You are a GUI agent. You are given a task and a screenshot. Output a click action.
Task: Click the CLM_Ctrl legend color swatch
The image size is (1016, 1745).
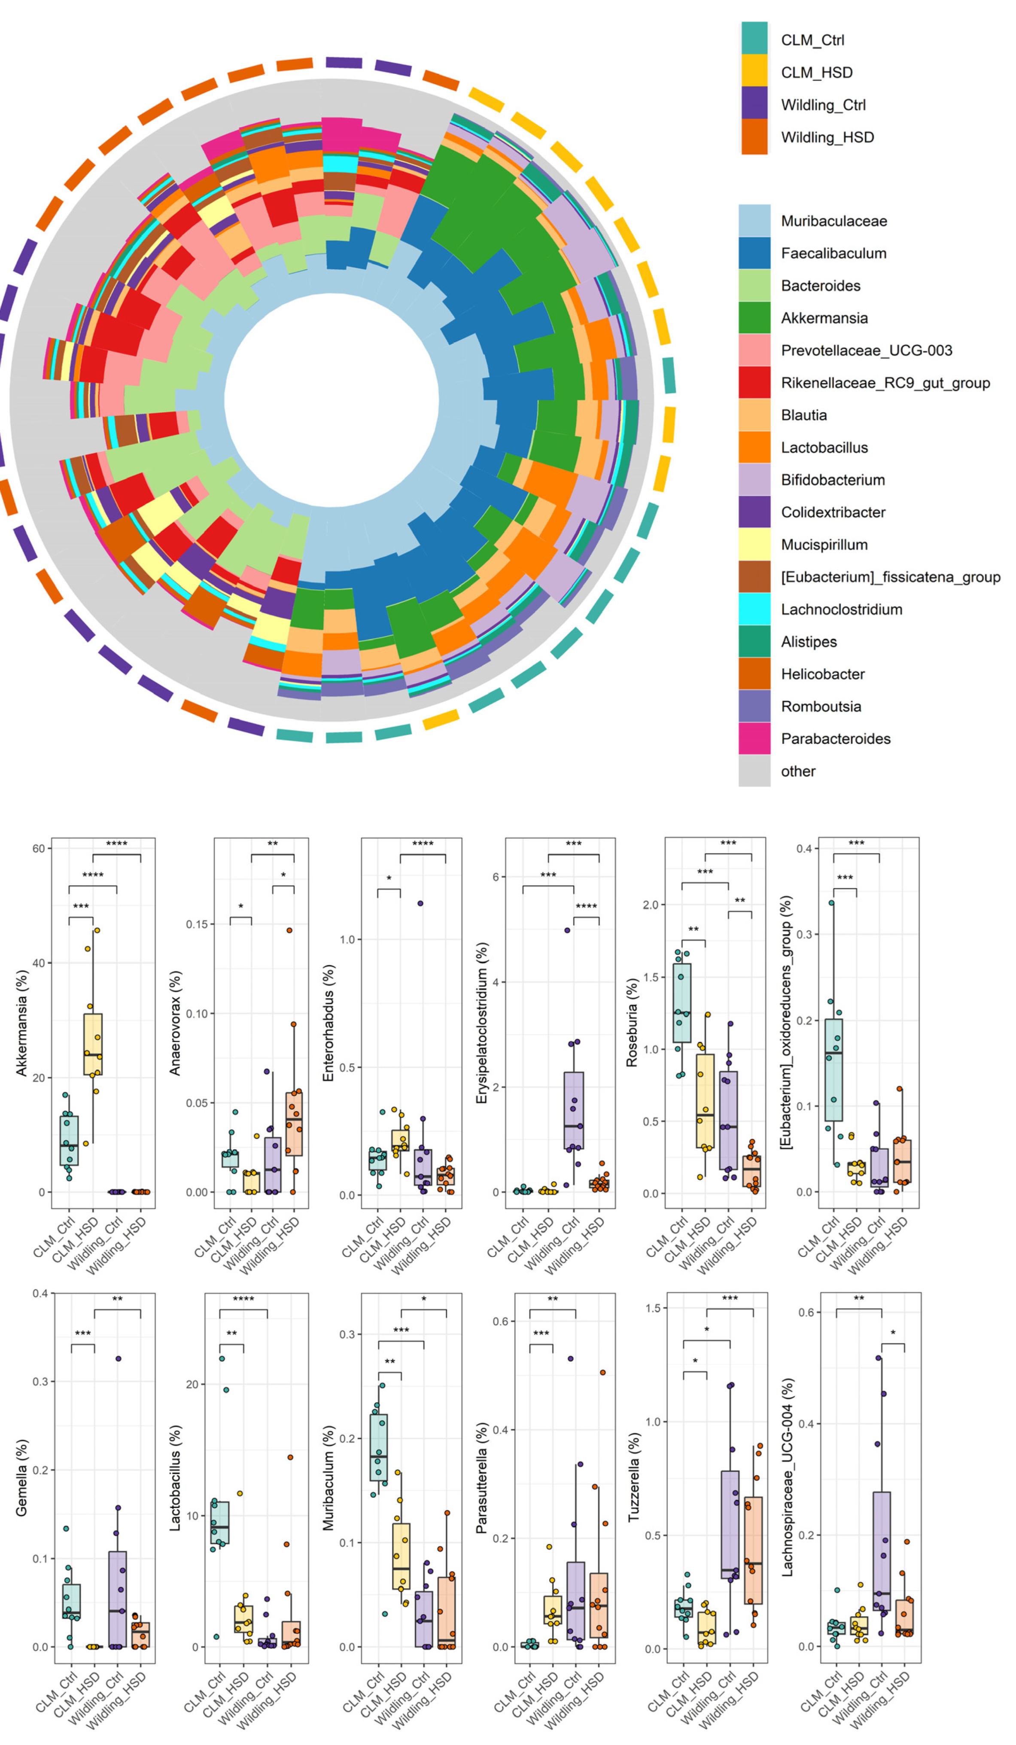click(x=754, y=38)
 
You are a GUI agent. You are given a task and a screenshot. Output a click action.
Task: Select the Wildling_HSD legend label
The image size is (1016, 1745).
click(x=827, y=137)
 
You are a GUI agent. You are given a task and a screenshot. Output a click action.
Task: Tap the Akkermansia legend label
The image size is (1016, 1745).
click(x=824, y=318)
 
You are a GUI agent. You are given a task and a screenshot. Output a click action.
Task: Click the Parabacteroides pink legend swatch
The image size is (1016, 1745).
click(x=754, y=738)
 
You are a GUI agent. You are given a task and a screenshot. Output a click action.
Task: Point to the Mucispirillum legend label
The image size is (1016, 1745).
click(x=824, y=544)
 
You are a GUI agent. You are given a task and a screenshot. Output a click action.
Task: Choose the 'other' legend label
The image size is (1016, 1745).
click(x=798, y=770)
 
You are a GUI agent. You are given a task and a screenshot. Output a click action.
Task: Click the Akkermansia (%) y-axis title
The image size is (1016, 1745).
click(x=21, y=1022)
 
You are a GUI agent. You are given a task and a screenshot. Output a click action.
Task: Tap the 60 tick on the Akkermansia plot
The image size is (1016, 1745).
click(x=38, y=848)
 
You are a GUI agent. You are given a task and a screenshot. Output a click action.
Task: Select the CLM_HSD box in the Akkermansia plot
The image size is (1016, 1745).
click(x=93, y=1044)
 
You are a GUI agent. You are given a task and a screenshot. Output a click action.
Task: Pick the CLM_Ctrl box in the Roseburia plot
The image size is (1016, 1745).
click(x=681, y=1003)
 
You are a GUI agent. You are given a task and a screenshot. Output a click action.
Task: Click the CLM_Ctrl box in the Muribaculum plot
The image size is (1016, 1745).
click(x=378, y=1447)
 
